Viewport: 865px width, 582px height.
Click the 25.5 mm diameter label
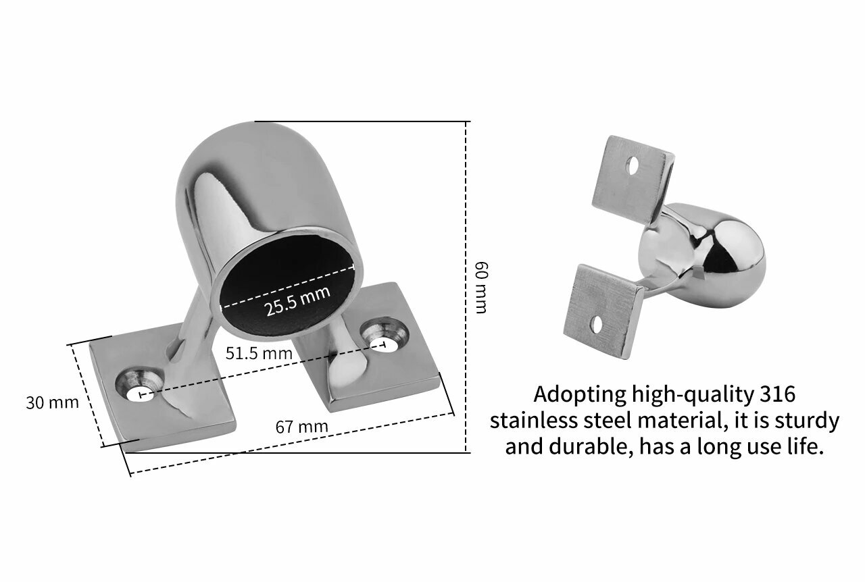pyautogui.click(x=297, y=301)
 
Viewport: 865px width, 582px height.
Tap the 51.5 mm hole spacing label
pyautogui.click(x=259, y=354)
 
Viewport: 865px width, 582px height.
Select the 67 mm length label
pyautogui.click(x=301, y=427)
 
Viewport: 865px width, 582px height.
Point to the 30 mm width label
pyautogui.click(x=52, y=402)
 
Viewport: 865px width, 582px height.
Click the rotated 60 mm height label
pyautogui.click(x=481, y=288)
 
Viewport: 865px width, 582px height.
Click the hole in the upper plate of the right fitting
pyautogui.click(x=632, y=165)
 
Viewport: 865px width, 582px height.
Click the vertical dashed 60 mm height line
pyautogui.click(x=466, y=287)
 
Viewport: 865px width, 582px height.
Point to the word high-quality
pyautogui.click(x=693, y=395)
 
